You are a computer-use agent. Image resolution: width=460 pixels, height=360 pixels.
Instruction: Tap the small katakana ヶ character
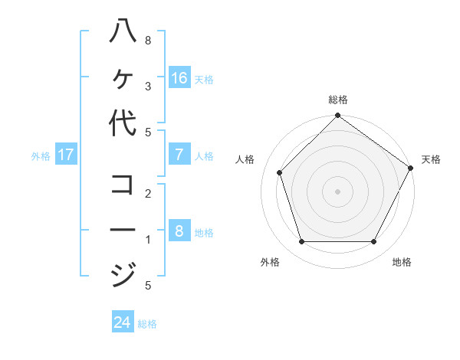click(x=123, y=78)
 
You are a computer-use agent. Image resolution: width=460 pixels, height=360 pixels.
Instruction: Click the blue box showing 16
click(x=179, y=78)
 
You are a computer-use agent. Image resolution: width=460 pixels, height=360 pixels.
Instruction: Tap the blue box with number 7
click(x=179, y=155)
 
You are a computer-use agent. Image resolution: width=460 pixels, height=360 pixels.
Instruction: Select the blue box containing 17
click(x=66, y=155)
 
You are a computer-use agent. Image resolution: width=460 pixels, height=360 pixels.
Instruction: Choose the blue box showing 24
click(x=123, y=322)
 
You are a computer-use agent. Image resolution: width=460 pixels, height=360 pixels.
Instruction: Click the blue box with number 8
click(x=179, y=231)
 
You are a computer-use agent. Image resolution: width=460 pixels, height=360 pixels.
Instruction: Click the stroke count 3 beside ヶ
click(x=147, y=87)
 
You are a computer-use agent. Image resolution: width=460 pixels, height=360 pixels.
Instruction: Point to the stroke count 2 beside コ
click(x=147, y=193)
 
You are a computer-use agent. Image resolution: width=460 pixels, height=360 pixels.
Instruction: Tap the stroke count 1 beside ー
click(x=147, y=240)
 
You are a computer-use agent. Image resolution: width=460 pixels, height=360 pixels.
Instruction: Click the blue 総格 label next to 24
click(x=147, y=324)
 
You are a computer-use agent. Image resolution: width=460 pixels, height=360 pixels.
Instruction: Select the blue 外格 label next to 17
click(x=41, y=156)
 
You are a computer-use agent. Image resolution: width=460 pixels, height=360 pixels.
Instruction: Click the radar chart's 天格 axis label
click(x=431, y=159)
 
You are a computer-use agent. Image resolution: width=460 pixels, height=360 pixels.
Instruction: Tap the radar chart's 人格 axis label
click(x=245, y=159)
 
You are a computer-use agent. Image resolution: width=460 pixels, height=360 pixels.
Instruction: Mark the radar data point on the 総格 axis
click(x=337, y=116)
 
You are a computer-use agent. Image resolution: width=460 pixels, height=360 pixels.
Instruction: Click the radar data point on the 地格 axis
click(x=373, y=242)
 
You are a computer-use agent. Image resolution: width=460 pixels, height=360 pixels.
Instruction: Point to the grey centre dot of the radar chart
click(x=337, y=191)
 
